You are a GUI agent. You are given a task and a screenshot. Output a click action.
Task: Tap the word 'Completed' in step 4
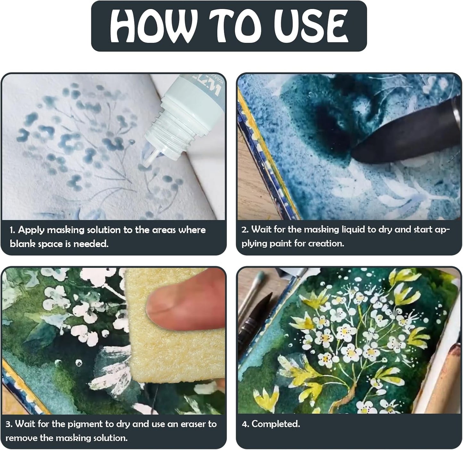(275, 424)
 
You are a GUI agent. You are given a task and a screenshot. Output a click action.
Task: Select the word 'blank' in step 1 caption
(22, 244)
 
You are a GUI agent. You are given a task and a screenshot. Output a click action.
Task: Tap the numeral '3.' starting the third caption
(9, 424)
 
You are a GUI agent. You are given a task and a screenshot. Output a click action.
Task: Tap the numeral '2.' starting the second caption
(245, 229)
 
